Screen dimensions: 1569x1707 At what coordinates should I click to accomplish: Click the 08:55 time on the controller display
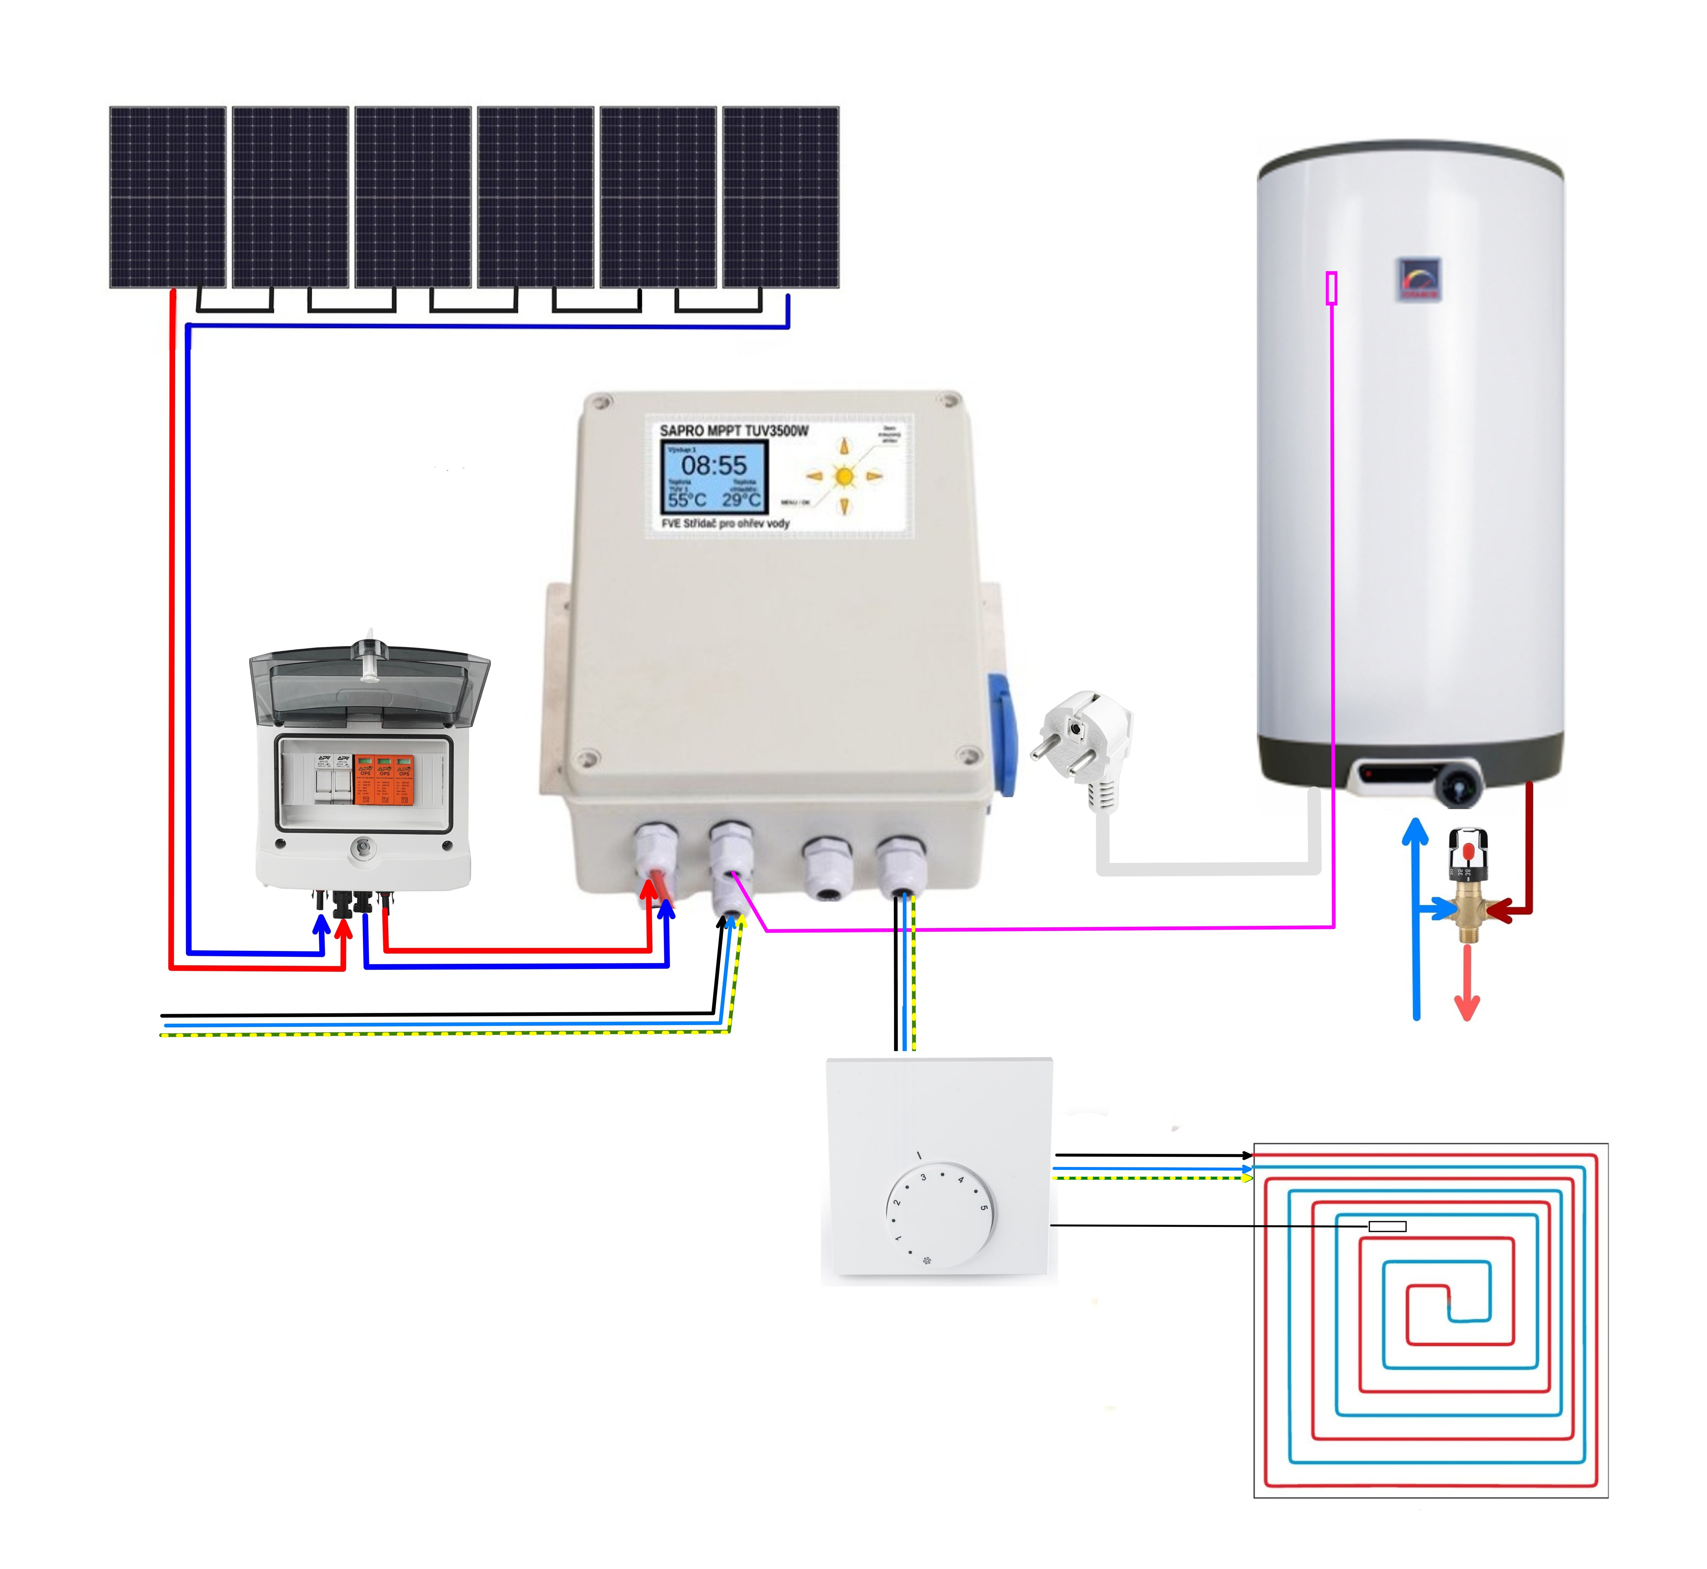pyautogui.click(x=714, y=465)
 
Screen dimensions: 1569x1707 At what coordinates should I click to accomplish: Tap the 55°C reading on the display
pyautogui.click(x=687, y=500)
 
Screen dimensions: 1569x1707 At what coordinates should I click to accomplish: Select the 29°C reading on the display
pyautogui.click(x=741, y=500)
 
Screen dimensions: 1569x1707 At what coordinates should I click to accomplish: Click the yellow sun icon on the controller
pyautogui.click(x=844, y=476)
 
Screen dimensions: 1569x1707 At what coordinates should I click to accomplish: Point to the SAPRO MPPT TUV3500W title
pyautogui.click(x=734, y=431)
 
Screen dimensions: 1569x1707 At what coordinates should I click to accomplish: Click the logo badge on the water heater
pyautogui.click(x=1419, y=278)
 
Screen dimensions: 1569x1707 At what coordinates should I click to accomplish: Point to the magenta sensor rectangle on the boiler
pyautogui.click(x=1332, y=288)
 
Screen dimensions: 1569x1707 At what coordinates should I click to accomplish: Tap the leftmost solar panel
pyautogui.click(x=168, y=197)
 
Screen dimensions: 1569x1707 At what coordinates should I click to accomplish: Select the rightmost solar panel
pyautogui.click(x=780, y=197)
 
